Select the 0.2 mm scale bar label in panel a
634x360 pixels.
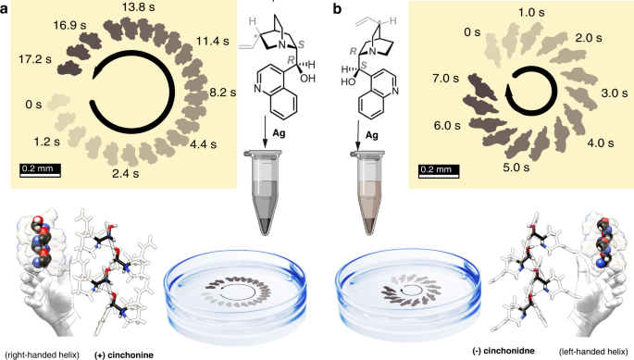(x=38, y=168)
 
